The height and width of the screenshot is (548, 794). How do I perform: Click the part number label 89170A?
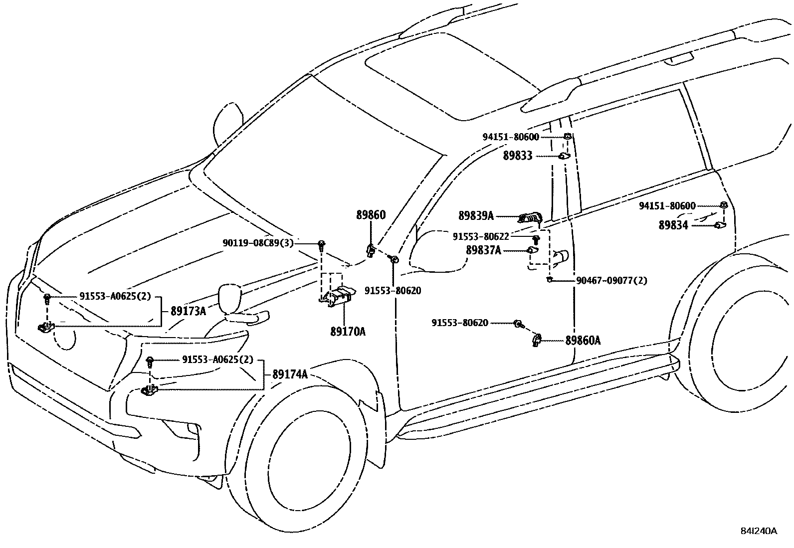click(x=348, y=331)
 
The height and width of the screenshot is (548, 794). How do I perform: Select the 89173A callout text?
click(x=188, y=311)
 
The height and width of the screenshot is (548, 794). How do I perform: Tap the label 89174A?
click(x=290, y=374)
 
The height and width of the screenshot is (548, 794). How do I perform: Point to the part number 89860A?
click(x=583, y=341)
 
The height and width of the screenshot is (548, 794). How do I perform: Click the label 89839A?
click(x=476, y=215)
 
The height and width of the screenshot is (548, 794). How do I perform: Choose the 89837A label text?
click(x=483, y=250)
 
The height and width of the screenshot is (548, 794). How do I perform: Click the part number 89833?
click(x=518, y=156)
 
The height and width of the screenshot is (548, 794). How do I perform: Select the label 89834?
click(x=673, y=225)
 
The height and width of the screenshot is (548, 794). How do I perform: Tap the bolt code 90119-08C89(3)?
click(x=258, y=243)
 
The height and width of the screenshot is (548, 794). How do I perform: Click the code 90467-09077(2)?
click(x=611, y=280)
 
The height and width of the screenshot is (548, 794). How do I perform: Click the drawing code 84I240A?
click(x=759, y=531)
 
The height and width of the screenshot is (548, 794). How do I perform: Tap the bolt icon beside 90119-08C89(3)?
click(x=322, y=244)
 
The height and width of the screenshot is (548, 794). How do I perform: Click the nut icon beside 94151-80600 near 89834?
click(x=723, y=205)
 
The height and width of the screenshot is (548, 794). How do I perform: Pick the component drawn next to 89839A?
click(x=531, y=217)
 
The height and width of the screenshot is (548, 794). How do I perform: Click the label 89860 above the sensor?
click(x=371, y=215)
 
